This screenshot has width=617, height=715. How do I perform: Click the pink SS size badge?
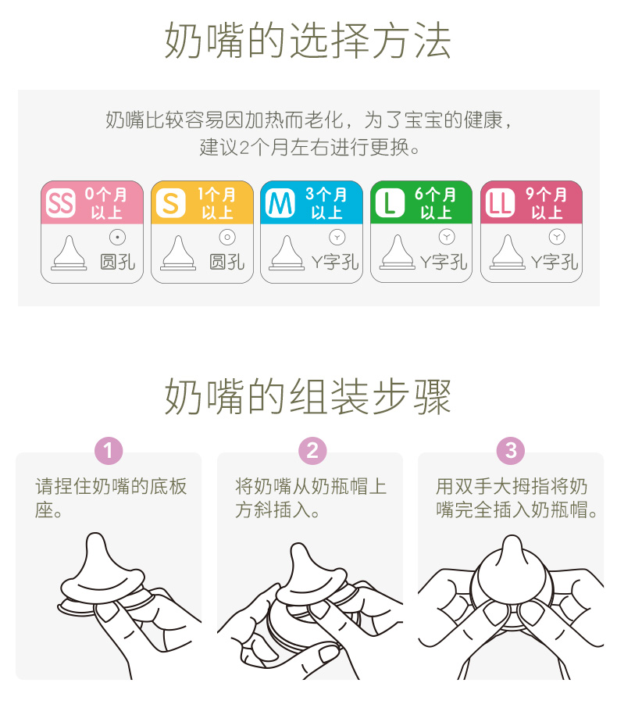pyautogui.click(x=61, y=203)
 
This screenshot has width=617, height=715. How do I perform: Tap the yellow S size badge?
pyautogui.click(x=170, y=203)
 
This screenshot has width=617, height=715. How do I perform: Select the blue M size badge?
pyautogui.click(x=280, y=203)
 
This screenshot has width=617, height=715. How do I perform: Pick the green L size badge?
pyautogui.click(x=390, y=203)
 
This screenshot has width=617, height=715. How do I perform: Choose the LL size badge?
pyautogui.click(x=500, y=203)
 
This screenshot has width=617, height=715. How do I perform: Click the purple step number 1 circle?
pyautogui.click(x=109, y=451)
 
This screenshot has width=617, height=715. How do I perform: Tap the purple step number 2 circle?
pyautogui.click(x=312, y=451)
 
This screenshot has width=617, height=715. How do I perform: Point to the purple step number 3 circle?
pyautogui.click(x=511, y=451)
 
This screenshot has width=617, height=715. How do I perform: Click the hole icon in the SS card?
pyautogui.click(x=118, y=237)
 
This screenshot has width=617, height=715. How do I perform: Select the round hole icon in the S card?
pyautogui.click(x=227, y=237)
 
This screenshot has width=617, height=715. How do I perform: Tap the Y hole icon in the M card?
pyautogui.click(x=337, y=237)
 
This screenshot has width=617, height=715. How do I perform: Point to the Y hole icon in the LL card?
pyautogui.click(x=557, y=237)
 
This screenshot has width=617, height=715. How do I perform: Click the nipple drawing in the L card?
pyautogui.click(x=398, y=252)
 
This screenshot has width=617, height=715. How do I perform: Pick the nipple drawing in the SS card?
pyautogui.click(x=69, y=252)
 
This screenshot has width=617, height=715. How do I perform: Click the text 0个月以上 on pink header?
pyautogui.click(x=105, y=203)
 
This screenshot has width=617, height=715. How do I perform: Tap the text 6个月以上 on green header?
pyautogui.click(x=435, y=203)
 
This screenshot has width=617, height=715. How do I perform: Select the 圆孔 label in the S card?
pyautogui.click(x=227, y=263)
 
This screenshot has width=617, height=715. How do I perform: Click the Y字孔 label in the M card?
pyautogui.click(x=335, y=263)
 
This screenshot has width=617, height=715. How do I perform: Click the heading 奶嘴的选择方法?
pyautogui.click(x=308, y=40)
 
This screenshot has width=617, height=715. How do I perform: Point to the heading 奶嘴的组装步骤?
pyautogui.click(x=308, y=396)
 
